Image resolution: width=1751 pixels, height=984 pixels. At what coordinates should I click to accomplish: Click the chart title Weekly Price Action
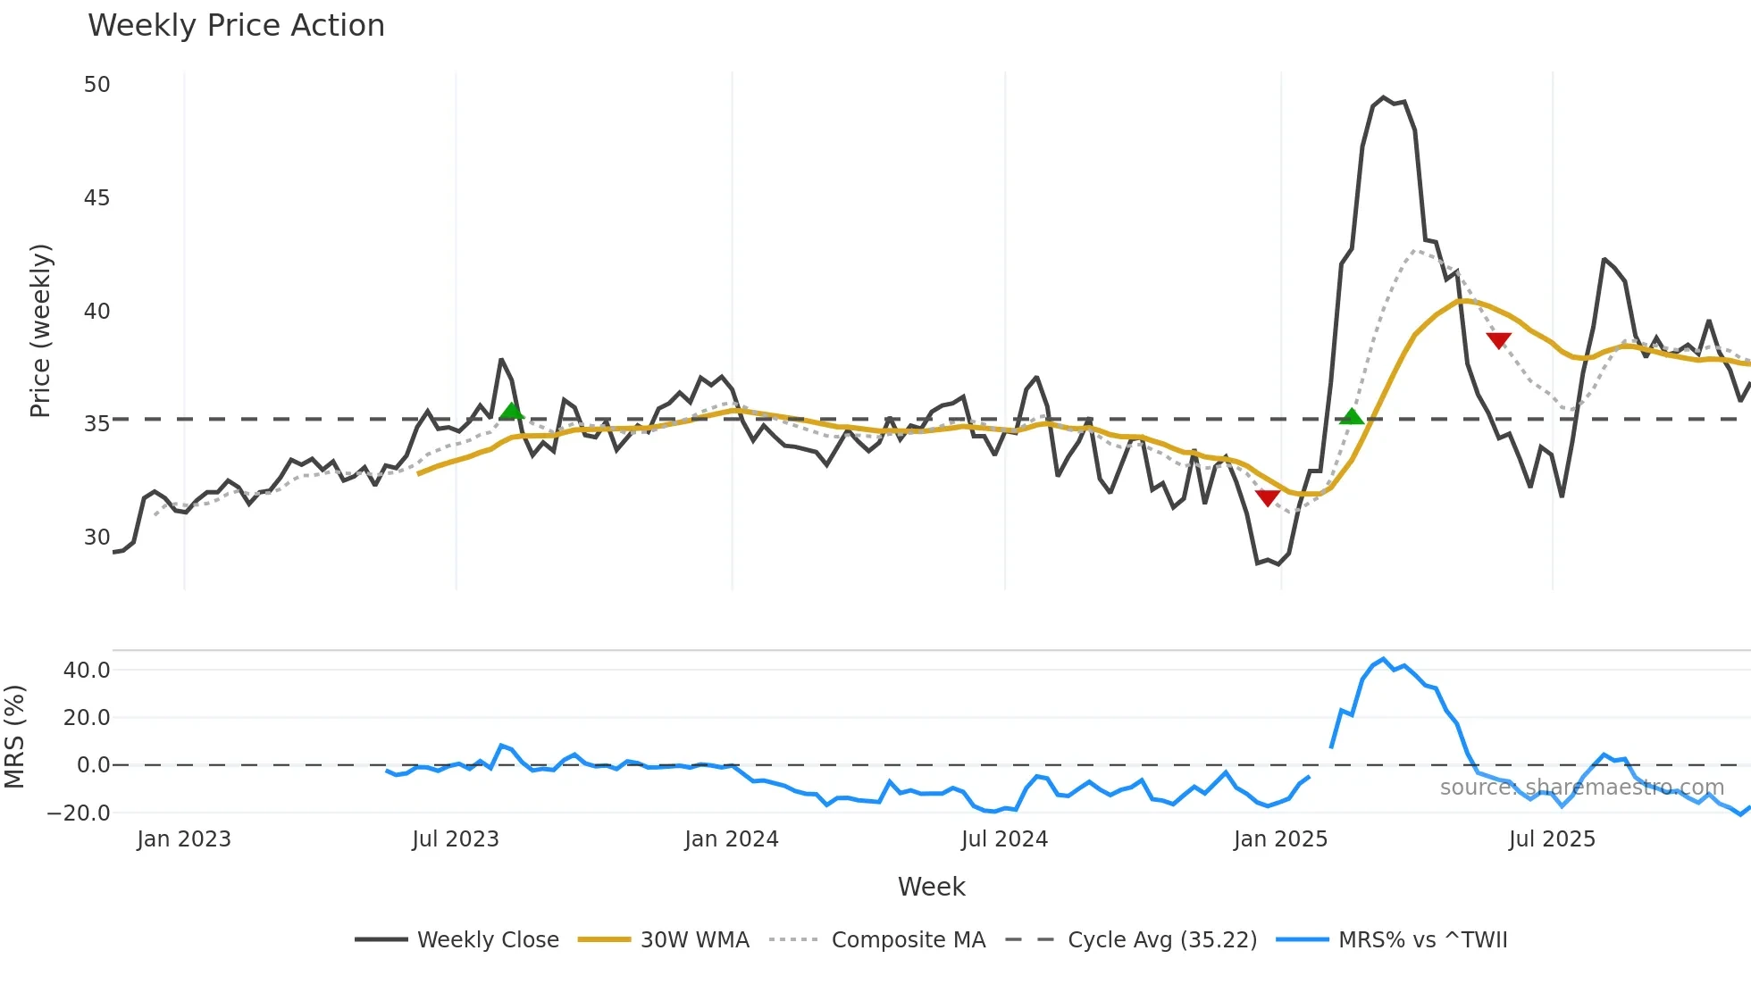[236, 26]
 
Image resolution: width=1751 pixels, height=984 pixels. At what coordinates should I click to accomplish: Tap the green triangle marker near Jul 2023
[511, 411]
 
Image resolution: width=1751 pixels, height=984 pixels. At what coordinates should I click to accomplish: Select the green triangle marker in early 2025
[1352, 416]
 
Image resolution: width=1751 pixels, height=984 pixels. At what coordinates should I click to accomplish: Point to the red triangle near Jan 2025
[1267, 497]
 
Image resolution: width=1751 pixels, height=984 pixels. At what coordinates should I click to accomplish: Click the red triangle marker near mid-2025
[1498, 340]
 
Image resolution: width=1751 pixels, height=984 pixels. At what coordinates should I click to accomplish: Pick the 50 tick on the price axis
[96, 85]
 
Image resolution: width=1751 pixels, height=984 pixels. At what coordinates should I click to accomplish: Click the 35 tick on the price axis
[96, 423]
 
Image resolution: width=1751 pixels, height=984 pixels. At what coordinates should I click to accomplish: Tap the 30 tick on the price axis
[96, 538]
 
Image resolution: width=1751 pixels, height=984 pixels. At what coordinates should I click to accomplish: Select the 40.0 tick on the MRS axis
[87, 671]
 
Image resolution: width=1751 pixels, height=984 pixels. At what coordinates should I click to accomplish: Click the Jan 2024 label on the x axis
[731, 839]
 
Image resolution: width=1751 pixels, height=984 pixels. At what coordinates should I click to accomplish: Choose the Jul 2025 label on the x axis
[1552, 839]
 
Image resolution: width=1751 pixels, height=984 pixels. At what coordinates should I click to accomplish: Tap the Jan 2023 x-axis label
[184, 839]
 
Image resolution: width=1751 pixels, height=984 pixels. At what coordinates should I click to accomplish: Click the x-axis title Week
[931, 887]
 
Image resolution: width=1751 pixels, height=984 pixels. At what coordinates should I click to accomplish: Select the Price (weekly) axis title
[40, 330]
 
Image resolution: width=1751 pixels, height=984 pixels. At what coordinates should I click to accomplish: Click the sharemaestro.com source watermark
[1581, 788]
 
